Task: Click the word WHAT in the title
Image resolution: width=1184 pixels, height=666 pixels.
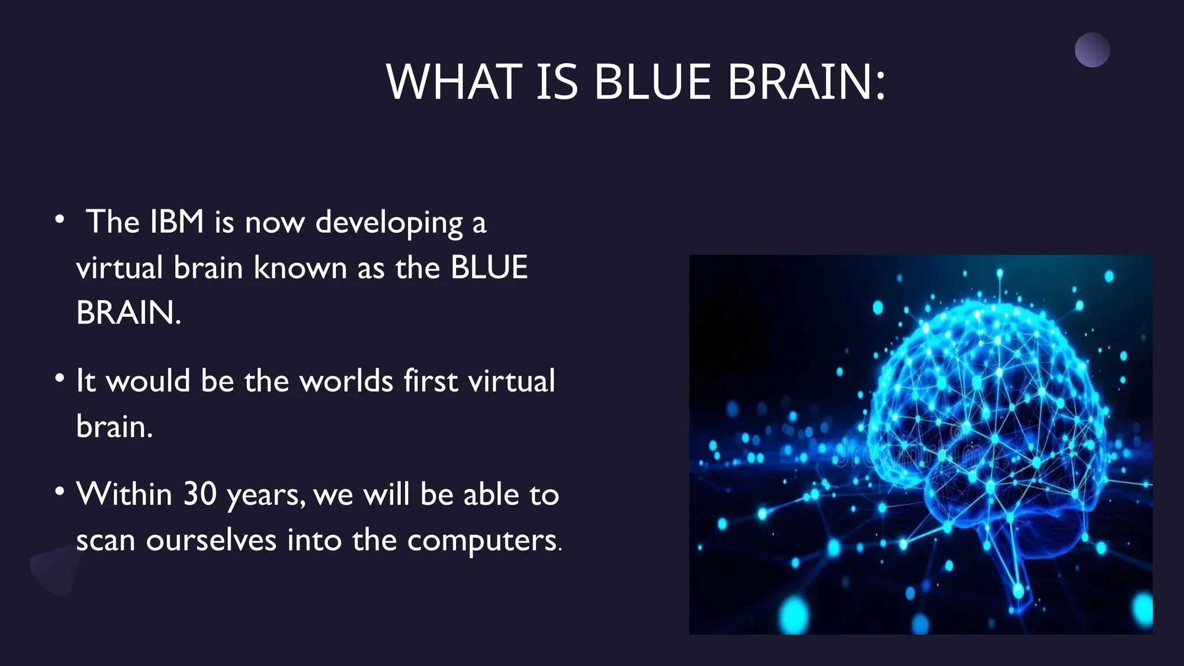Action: click(x=454, y=82)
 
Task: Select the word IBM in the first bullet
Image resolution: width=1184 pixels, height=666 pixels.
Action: click(x=176, y=222)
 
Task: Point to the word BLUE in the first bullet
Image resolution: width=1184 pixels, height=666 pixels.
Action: click(x=489, y=268)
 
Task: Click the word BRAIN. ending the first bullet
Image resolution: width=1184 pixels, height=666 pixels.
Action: click(x=128, y=313)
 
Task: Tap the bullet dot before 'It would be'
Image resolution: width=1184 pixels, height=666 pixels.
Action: click(x=60, y=378)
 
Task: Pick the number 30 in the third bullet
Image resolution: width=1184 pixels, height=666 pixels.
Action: click(x=199, y=494)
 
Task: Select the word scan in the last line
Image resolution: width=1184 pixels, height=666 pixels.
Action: click(x=105, y=541)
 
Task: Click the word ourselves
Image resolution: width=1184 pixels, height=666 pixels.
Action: click(x=211, y=541)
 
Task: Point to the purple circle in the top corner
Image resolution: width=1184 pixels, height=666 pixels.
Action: click(x=1092, y=50)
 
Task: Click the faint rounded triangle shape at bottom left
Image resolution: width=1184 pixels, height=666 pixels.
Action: click(x=55, y=569)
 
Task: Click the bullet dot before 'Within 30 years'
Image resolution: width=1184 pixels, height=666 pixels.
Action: click(x=60, y=491)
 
